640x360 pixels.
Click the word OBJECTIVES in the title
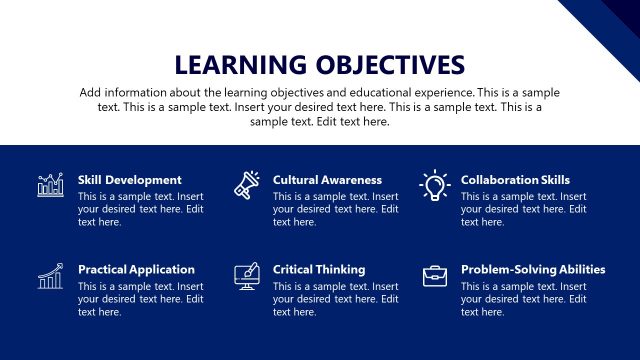tap(384, 65)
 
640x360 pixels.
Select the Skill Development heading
tap(130, 180)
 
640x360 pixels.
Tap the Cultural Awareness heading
tap(327, 180)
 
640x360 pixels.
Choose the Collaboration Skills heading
tap(515, 180)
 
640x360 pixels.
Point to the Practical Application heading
tap(136, 270)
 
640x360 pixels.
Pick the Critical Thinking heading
tap(319, 270)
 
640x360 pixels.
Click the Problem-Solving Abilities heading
tap(533, 270)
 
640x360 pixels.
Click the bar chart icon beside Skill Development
tap(50, 185)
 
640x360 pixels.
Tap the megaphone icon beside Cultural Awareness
tap(246, 185)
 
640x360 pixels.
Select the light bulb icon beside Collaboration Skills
tap(434, 185)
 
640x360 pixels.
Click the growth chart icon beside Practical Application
tap(50, 276)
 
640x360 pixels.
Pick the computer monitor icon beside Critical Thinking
tap(246, 276)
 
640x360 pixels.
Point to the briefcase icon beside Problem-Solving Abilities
tap(434, 276)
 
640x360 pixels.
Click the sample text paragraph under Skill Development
tap(140, 209)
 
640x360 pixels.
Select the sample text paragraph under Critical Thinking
tap(335, 299)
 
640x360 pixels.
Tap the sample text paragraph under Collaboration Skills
tap(523, 209)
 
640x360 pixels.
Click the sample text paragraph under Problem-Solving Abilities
tap(523, 299)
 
